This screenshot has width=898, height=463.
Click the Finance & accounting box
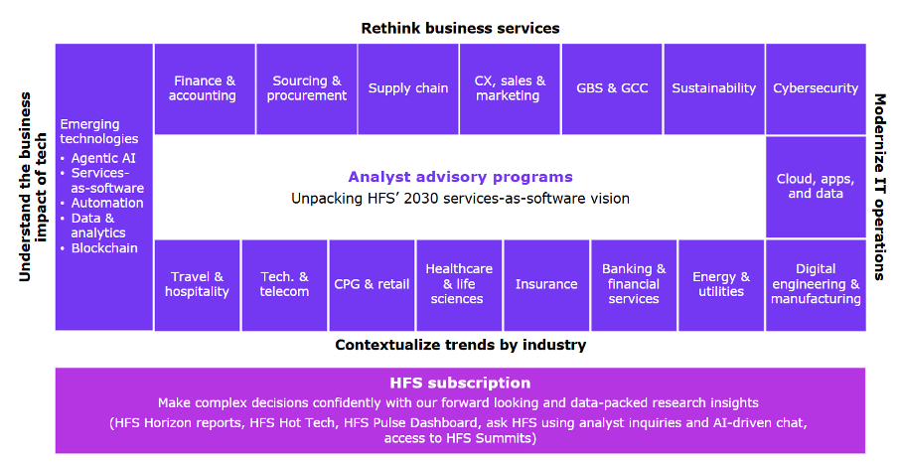tap(205, 88)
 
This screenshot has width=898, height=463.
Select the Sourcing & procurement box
tap(306, 88)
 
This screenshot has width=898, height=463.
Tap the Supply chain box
tap(408, 88)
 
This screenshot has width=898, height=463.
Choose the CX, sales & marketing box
tap(510, 88)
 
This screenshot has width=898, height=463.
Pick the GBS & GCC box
tap(612, 88)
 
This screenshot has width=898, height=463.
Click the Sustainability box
tap(714, 88)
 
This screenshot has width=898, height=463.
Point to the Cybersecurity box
tap(816, 88)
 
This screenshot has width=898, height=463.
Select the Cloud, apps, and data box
tap(816, 187)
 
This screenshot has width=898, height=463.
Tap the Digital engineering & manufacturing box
tap(816, 285)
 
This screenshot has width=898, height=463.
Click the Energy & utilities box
tap(721, 285)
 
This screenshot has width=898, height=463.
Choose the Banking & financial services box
tap(634, 285)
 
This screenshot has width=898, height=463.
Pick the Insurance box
tap(546, 285)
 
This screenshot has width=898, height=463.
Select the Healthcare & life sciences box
tap(459, 285)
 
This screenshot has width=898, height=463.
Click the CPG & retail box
tap(372, 285)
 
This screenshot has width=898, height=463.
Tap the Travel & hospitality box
tap(197, 285)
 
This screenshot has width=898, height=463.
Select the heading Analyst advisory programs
tap(461, 177)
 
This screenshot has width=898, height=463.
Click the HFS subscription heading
tap(461, 383)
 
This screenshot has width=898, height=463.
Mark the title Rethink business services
tap(461, 28)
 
